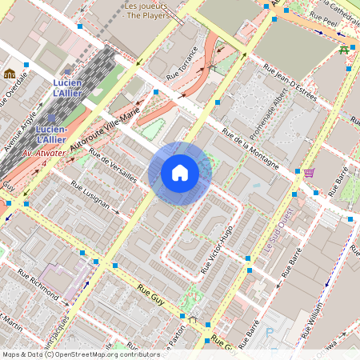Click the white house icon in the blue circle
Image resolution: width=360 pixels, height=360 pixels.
click(180, 173)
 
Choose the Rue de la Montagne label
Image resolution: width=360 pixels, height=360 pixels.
click(250, 149)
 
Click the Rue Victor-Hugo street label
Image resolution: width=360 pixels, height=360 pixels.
click(216, 249)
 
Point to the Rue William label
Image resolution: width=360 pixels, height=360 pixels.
click(316, 318)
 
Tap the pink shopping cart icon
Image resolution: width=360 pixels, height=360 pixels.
click(309, 173)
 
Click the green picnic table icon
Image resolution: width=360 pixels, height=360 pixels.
click(344, 49)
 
